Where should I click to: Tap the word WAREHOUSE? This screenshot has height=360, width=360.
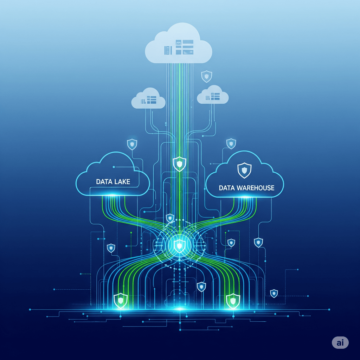tap(256, 188)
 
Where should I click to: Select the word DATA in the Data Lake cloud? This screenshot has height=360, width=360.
tap(104, 182)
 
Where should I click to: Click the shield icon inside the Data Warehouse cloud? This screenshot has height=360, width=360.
tap(244, 171)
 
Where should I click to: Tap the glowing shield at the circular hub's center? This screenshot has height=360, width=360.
tap(179, 246)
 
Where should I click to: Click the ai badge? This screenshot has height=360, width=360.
tap(340, 342)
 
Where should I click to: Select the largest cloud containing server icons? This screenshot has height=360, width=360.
tap(178, 44)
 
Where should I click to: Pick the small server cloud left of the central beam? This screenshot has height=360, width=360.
tap(148, 98)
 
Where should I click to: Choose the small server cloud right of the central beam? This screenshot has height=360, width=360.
tap(213, 95)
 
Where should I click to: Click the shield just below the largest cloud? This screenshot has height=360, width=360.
tap(206, 76)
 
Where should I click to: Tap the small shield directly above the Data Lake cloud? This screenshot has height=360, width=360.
tap(132, 144)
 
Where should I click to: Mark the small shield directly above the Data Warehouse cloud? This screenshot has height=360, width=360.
tap(231, 144)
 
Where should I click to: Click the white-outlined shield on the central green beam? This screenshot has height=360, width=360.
tap(179, 164)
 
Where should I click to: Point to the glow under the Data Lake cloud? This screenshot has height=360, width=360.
tap(112, 195)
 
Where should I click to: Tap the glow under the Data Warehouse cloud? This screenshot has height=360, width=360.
tap(246, 197)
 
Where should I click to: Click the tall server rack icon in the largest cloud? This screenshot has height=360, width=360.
tap(168, 50)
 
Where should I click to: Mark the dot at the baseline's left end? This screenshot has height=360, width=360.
tap(30, 309)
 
